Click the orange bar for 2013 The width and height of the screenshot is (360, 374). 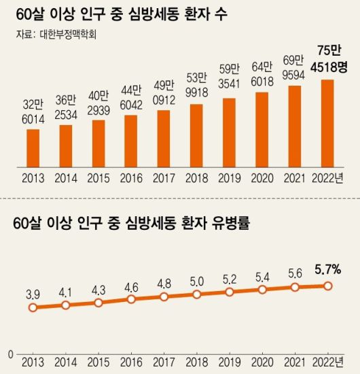[33, 148]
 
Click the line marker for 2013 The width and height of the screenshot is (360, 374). [33, 307]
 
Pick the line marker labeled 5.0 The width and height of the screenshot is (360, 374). [196, 294]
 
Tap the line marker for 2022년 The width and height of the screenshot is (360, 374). [327, 286]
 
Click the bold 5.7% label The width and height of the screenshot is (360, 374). [327, 270]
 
